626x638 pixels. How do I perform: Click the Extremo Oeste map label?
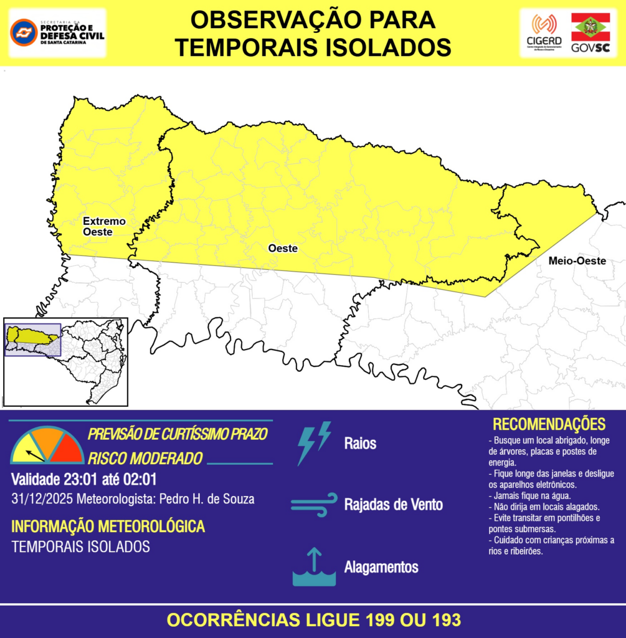(104, 226)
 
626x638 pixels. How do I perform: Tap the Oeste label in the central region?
(283, 248)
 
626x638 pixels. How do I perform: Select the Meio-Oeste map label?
(577, 261)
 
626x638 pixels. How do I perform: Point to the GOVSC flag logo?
(591, 32)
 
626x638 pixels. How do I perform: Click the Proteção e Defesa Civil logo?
(57, 32)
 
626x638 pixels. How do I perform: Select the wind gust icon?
(314, 504)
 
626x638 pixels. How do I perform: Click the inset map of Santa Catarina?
(65, 361)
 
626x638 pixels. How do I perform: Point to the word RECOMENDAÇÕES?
(549, 424)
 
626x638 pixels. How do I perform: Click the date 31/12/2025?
(42, 499)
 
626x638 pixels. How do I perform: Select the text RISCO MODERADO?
(145, 458)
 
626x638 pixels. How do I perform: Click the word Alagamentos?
(381, 567)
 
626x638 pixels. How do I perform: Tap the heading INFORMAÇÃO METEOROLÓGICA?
(108, 526)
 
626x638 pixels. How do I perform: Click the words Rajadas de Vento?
(393, 504)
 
